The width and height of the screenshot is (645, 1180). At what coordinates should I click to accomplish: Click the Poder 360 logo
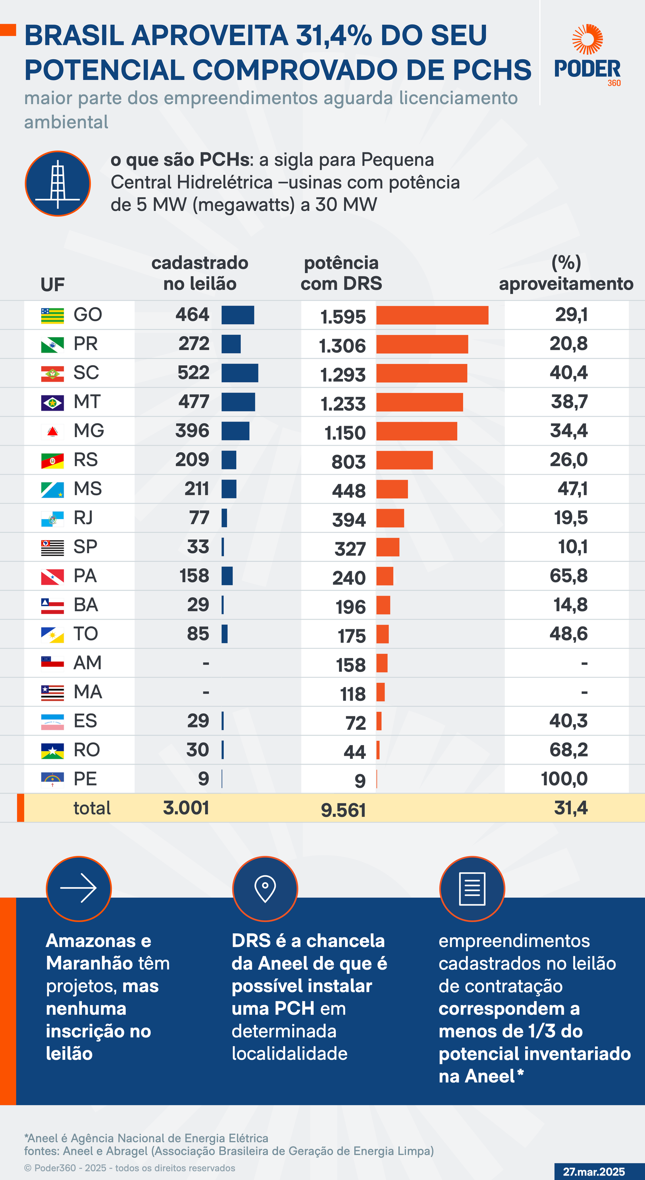tap(587, 55)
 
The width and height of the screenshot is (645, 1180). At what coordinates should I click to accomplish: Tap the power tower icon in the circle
tap(58, 184)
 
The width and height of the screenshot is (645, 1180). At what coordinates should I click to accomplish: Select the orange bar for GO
tap(432, 315)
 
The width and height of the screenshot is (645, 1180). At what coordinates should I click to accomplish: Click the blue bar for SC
tap(239, 373)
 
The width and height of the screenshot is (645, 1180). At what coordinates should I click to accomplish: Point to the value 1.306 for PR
tap(342, 346)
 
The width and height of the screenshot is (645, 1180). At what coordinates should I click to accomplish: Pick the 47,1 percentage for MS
tap(572, 489)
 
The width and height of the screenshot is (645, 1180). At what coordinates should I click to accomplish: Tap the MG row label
tap(89, 430)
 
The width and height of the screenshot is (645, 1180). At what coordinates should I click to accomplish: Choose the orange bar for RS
tap(404, 460)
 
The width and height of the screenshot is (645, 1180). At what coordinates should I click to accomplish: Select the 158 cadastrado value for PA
tap(194, 576)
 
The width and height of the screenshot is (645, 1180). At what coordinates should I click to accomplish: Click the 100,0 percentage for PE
tap(564, 779)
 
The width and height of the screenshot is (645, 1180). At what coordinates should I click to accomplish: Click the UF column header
tap(52, 285)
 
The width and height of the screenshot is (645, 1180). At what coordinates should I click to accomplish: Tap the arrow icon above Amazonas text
tap(78, 888)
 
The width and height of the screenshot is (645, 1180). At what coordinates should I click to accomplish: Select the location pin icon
tap(265, 888)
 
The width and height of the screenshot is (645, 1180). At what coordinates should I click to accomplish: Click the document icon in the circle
tap(472, 888)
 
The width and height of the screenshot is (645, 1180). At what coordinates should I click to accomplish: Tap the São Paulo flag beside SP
tap(52, 547)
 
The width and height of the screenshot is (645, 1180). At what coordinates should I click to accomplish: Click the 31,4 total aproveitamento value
tap(571, 808)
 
